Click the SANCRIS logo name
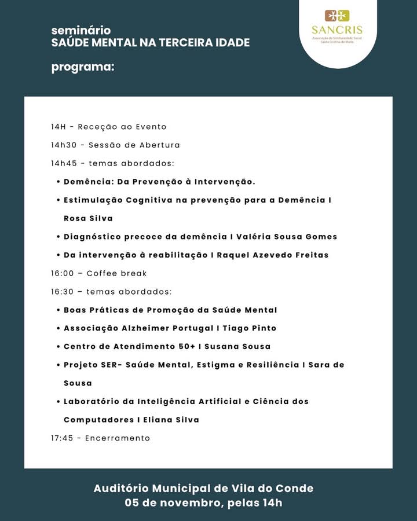point(336,30)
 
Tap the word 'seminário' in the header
point(81,30)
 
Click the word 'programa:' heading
point(83,67)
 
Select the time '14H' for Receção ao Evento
point(58,127)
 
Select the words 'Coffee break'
point(116,273)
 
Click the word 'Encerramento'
point(118,438)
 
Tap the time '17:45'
point(62,438)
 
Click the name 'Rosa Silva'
point(88,218)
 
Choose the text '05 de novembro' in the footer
point(172,502)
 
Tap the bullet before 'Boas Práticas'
point(58,310)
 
